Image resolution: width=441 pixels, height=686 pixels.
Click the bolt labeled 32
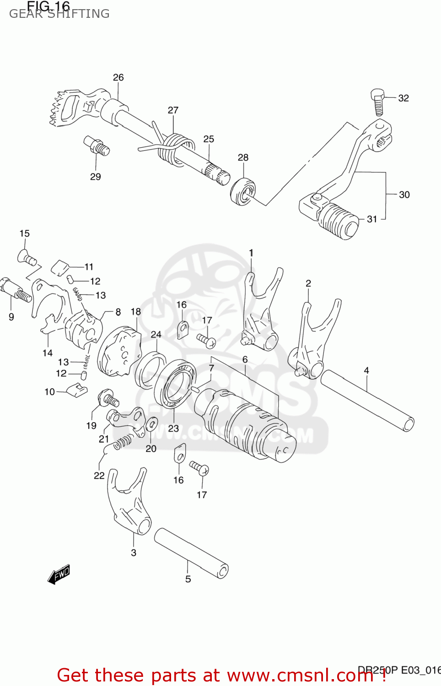(x=378, y=102)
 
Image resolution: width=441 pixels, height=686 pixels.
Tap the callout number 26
(x=118, y=77)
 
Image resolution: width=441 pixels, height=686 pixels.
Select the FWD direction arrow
(x=59, y=574)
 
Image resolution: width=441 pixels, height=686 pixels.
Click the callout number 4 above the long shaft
(x=366, y=370)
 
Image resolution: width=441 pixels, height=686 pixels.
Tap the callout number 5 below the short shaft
(x=188, y=579)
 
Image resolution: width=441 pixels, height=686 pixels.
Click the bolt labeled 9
(x=16, y=290)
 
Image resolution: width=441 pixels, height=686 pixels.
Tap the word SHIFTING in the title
(x=79, y=14)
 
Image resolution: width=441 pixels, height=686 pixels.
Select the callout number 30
(x=404, y=194)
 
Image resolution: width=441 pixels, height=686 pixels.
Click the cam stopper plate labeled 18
(x=120, y=352)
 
